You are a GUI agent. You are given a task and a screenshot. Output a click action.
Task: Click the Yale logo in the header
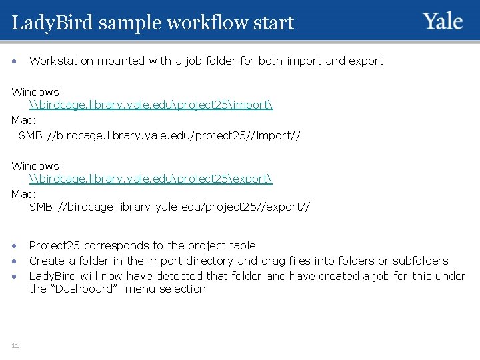[443, 21]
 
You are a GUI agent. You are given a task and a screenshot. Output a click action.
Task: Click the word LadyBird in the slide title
[54, 23]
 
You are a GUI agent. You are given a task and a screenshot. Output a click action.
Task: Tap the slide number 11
[15, 344]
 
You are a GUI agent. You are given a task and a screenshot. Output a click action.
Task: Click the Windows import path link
[151, 105]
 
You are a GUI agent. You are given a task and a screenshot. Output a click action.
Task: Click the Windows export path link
[151, 179]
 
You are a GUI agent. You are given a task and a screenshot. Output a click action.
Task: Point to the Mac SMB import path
[159, 135]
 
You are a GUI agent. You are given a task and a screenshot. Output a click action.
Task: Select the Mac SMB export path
[169, 207]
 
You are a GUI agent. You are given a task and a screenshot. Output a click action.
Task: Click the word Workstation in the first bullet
[62, 61]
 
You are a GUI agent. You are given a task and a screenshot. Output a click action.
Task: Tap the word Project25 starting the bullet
[54, 245]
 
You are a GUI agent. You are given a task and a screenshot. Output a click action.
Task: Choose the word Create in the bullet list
[46, 261]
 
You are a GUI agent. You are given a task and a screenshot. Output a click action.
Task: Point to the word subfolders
[420, 261]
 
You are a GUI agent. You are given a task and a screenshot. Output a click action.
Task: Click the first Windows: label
[37, 91]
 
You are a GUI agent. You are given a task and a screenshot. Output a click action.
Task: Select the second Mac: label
[24, 193]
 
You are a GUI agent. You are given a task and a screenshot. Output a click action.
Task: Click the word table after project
[241, 245]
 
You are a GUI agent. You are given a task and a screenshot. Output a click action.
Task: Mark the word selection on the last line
[182, 289]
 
